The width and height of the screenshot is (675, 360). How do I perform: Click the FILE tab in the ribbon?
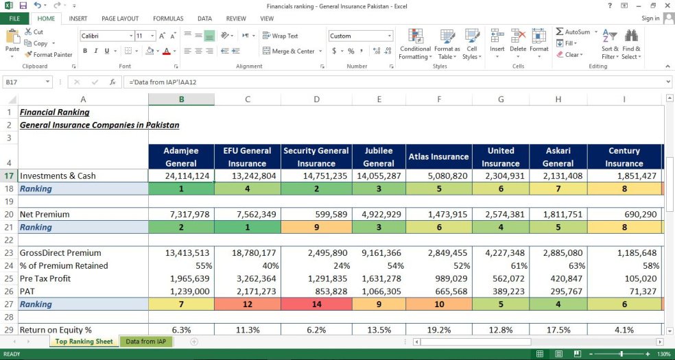tap(14, 19)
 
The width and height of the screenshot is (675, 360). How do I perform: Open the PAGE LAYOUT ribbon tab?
tap(119, 19)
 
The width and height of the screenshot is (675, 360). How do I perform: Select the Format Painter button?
tap(48, 55)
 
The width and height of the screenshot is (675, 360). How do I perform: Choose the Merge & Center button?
tap(288, 51)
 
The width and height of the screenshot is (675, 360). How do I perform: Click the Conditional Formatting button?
tap(415, 45)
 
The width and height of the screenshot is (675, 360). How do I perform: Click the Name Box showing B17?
tap(27, 82)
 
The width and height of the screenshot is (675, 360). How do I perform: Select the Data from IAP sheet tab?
tap(145, 341)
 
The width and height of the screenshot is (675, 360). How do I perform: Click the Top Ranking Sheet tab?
tap(84, 341)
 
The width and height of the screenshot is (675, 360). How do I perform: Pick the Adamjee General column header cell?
tap(181, 156)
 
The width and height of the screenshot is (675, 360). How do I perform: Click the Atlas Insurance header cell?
tap(439, 156)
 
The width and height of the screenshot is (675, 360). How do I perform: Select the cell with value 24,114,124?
tap(181, 176)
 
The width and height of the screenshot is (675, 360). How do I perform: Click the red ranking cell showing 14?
tap(316, 304)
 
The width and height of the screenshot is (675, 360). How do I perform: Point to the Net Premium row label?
tap(45, 214)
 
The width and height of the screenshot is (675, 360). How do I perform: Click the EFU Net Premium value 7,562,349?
tap(248, 214)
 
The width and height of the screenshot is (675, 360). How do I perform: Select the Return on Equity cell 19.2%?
tap(439, 330)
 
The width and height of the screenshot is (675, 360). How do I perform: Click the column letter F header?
tap(439, 99)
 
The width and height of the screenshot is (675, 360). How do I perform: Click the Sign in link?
tap(650, 19)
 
